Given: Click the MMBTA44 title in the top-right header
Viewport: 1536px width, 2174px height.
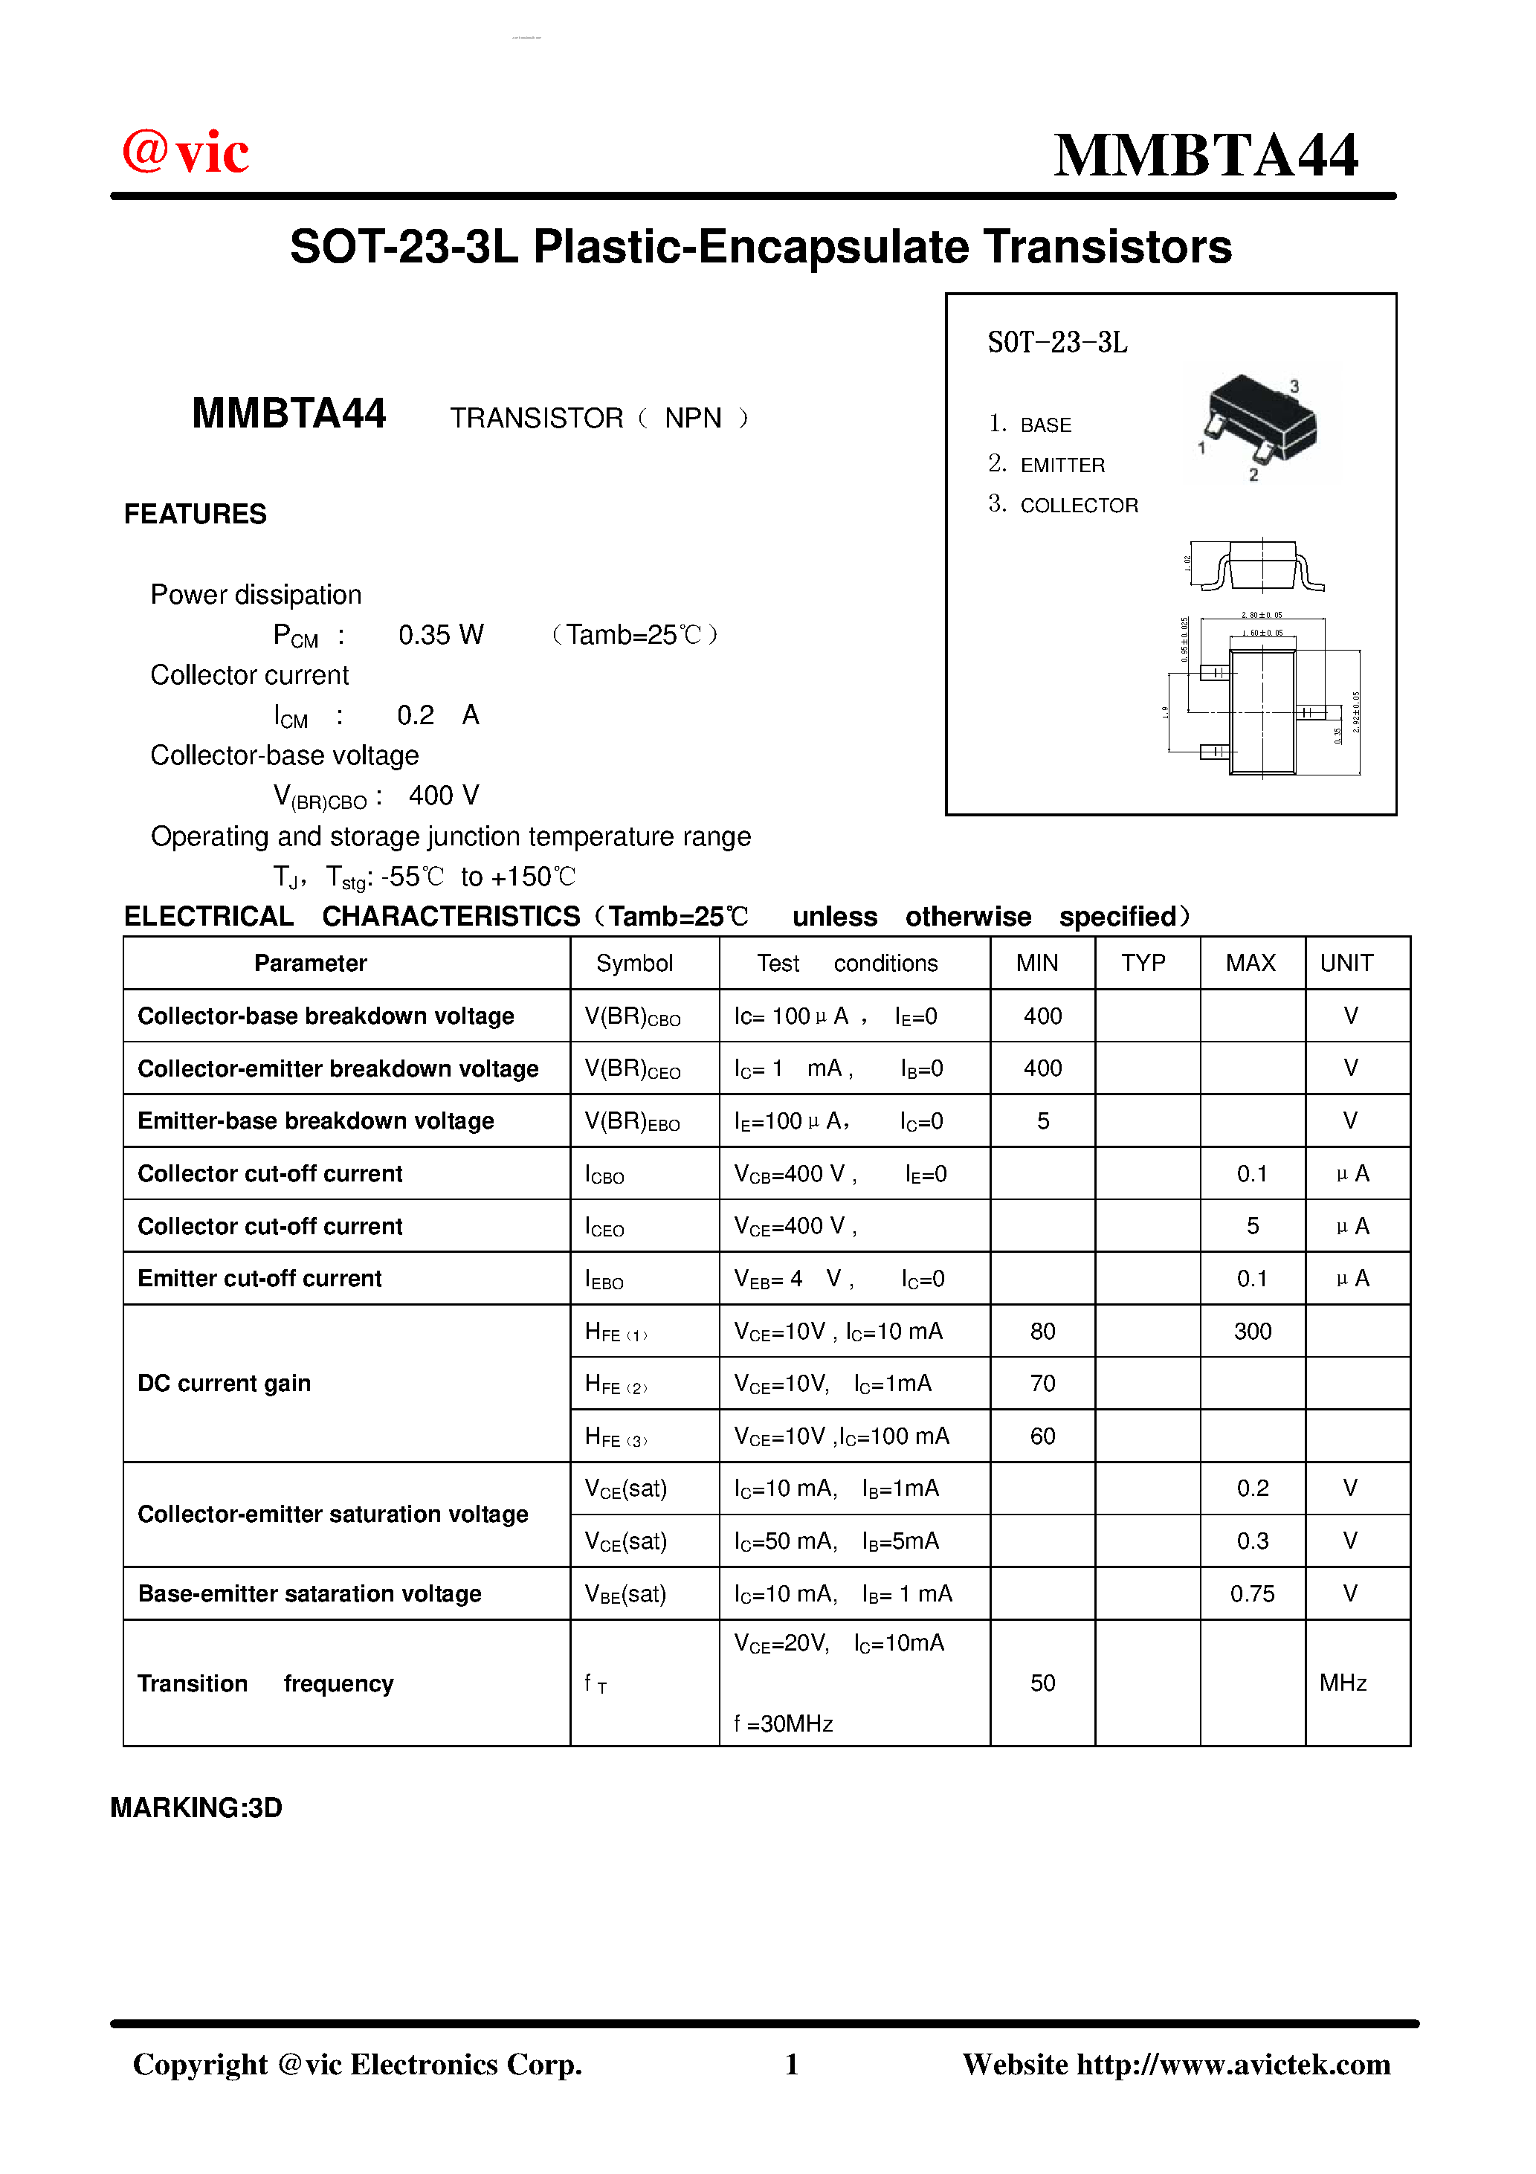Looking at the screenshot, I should tap(1204, 155).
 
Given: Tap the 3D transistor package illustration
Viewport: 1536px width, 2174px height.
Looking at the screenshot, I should tap(1259, 422).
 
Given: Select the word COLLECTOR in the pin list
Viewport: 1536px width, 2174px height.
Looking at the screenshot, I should tap(1079, 506).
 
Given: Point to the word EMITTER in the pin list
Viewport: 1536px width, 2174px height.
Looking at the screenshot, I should tap(1062, 465).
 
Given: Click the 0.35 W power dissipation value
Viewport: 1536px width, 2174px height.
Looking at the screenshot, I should tap(440, 634).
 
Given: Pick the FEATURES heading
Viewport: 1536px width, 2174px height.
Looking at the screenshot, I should tap(195, 515).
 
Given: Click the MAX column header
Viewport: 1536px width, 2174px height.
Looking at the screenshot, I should tap(1250, 963).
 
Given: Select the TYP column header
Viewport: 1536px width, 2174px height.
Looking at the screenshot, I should tap(1143, 963).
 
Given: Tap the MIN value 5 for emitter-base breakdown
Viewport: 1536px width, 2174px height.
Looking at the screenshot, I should tap(1042, 1121).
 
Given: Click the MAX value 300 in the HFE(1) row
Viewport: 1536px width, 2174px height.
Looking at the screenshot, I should tap(1252, 1332).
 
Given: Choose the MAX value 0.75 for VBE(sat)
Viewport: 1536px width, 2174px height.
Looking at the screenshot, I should tap(1252, 1593).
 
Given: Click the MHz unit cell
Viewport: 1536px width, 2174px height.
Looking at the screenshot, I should tap(1343, 1683).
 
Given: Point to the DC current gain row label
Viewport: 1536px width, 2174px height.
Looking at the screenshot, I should tap(225, 1384).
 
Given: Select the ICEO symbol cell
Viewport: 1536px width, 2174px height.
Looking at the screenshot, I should tap(604, 1227).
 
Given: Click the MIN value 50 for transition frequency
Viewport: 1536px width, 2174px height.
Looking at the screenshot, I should tap(1042, 1683).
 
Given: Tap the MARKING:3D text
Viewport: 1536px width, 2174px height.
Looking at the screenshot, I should tap(196, 1807).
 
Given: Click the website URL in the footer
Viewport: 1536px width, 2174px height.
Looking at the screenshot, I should tap(1233, 2064).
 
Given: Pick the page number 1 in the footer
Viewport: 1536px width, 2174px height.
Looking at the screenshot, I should tap(792, 2064).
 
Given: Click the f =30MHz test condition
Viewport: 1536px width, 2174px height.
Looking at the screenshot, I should tap(783, 1723).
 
